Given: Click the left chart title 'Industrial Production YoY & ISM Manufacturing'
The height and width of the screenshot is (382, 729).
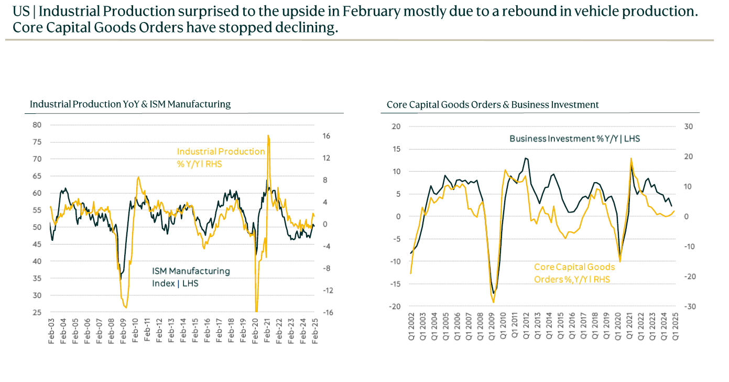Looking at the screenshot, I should pos(130,104).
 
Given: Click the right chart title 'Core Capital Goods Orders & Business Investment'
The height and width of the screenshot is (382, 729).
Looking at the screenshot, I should pos(493,105).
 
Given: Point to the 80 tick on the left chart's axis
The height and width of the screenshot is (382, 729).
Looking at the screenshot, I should pos(37,125).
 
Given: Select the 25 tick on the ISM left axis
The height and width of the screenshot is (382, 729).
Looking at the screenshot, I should pos(37,313).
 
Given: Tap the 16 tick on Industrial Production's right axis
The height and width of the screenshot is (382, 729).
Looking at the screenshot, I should pos(327,136).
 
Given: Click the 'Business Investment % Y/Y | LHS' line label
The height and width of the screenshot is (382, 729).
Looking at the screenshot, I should pos(574,139).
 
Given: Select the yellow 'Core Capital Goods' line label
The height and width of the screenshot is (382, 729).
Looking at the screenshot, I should pos(574,267).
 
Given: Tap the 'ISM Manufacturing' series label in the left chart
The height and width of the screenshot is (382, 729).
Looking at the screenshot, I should pos(191,271).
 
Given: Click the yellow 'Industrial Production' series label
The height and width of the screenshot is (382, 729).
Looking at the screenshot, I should pos(221,152).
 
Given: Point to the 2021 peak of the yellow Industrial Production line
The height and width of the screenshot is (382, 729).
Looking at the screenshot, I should pos(268,136).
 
